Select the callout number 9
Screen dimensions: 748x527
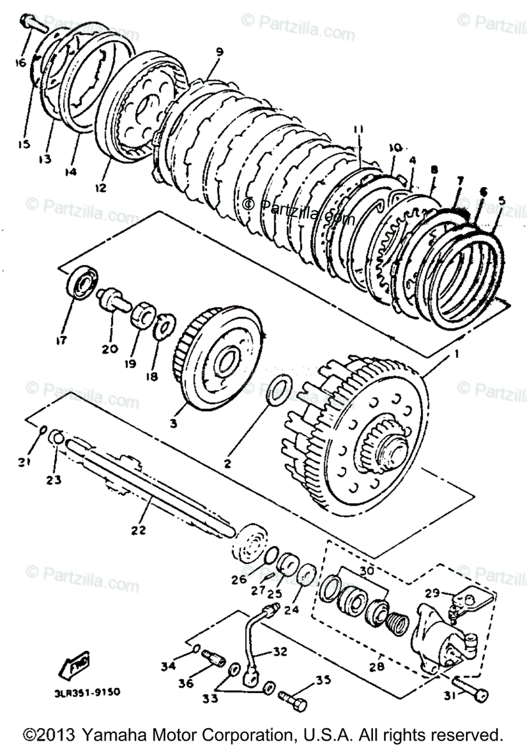[219, 52]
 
